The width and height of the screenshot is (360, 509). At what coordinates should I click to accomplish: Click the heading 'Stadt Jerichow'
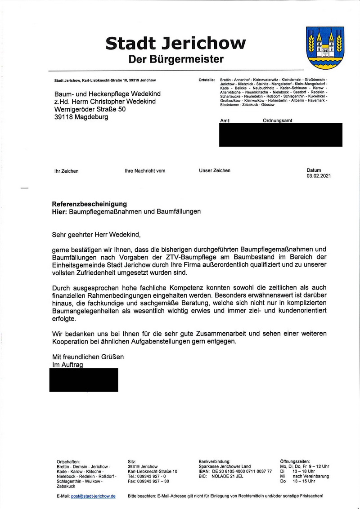pos(175,43)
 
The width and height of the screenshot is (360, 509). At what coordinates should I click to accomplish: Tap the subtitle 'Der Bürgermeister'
pos(175,59)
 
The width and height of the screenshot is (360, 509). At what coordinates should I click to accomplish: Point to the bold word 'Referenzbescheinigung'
pos(90,204)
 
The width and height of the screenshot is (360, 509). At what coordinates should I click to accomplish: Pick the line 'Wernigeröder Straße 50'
pos(90,109)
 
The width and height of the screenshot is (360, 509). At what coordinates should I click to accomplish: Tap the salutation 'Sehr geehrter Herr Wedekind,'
pos(97,234)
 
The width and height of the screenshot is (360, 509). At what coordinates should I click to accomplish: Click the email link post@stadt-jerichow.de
pos(93,496)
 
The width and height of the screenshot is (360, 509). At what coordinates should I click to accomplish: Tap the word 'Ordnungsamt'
pos(277,121)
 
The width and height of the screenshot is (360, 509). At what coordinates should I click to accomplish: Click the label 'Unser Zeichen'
pos(215,170)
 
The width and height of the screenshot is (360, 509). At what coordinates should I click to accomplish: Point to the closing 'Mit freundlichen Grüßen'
pos(88,357)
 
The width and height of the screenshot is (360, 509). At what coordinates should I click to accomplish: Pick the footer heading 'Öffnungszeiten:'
pos(295,461)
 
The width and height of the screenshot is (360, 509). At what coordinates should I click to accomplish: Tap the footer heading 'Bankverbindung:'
pos(215,461)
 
